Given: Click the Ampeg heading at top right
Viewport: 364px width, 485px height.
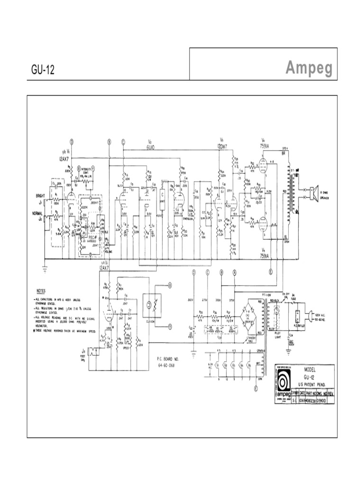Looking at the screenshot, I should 309,69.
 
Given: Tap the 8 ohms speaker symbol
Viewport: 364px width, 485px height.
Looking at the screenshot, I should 313,191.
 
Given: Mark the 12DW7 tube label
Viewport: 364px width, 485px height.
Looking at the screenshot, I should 222,147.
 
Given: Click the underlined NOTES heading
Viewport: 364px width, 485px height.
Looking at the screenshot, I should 42,290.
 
